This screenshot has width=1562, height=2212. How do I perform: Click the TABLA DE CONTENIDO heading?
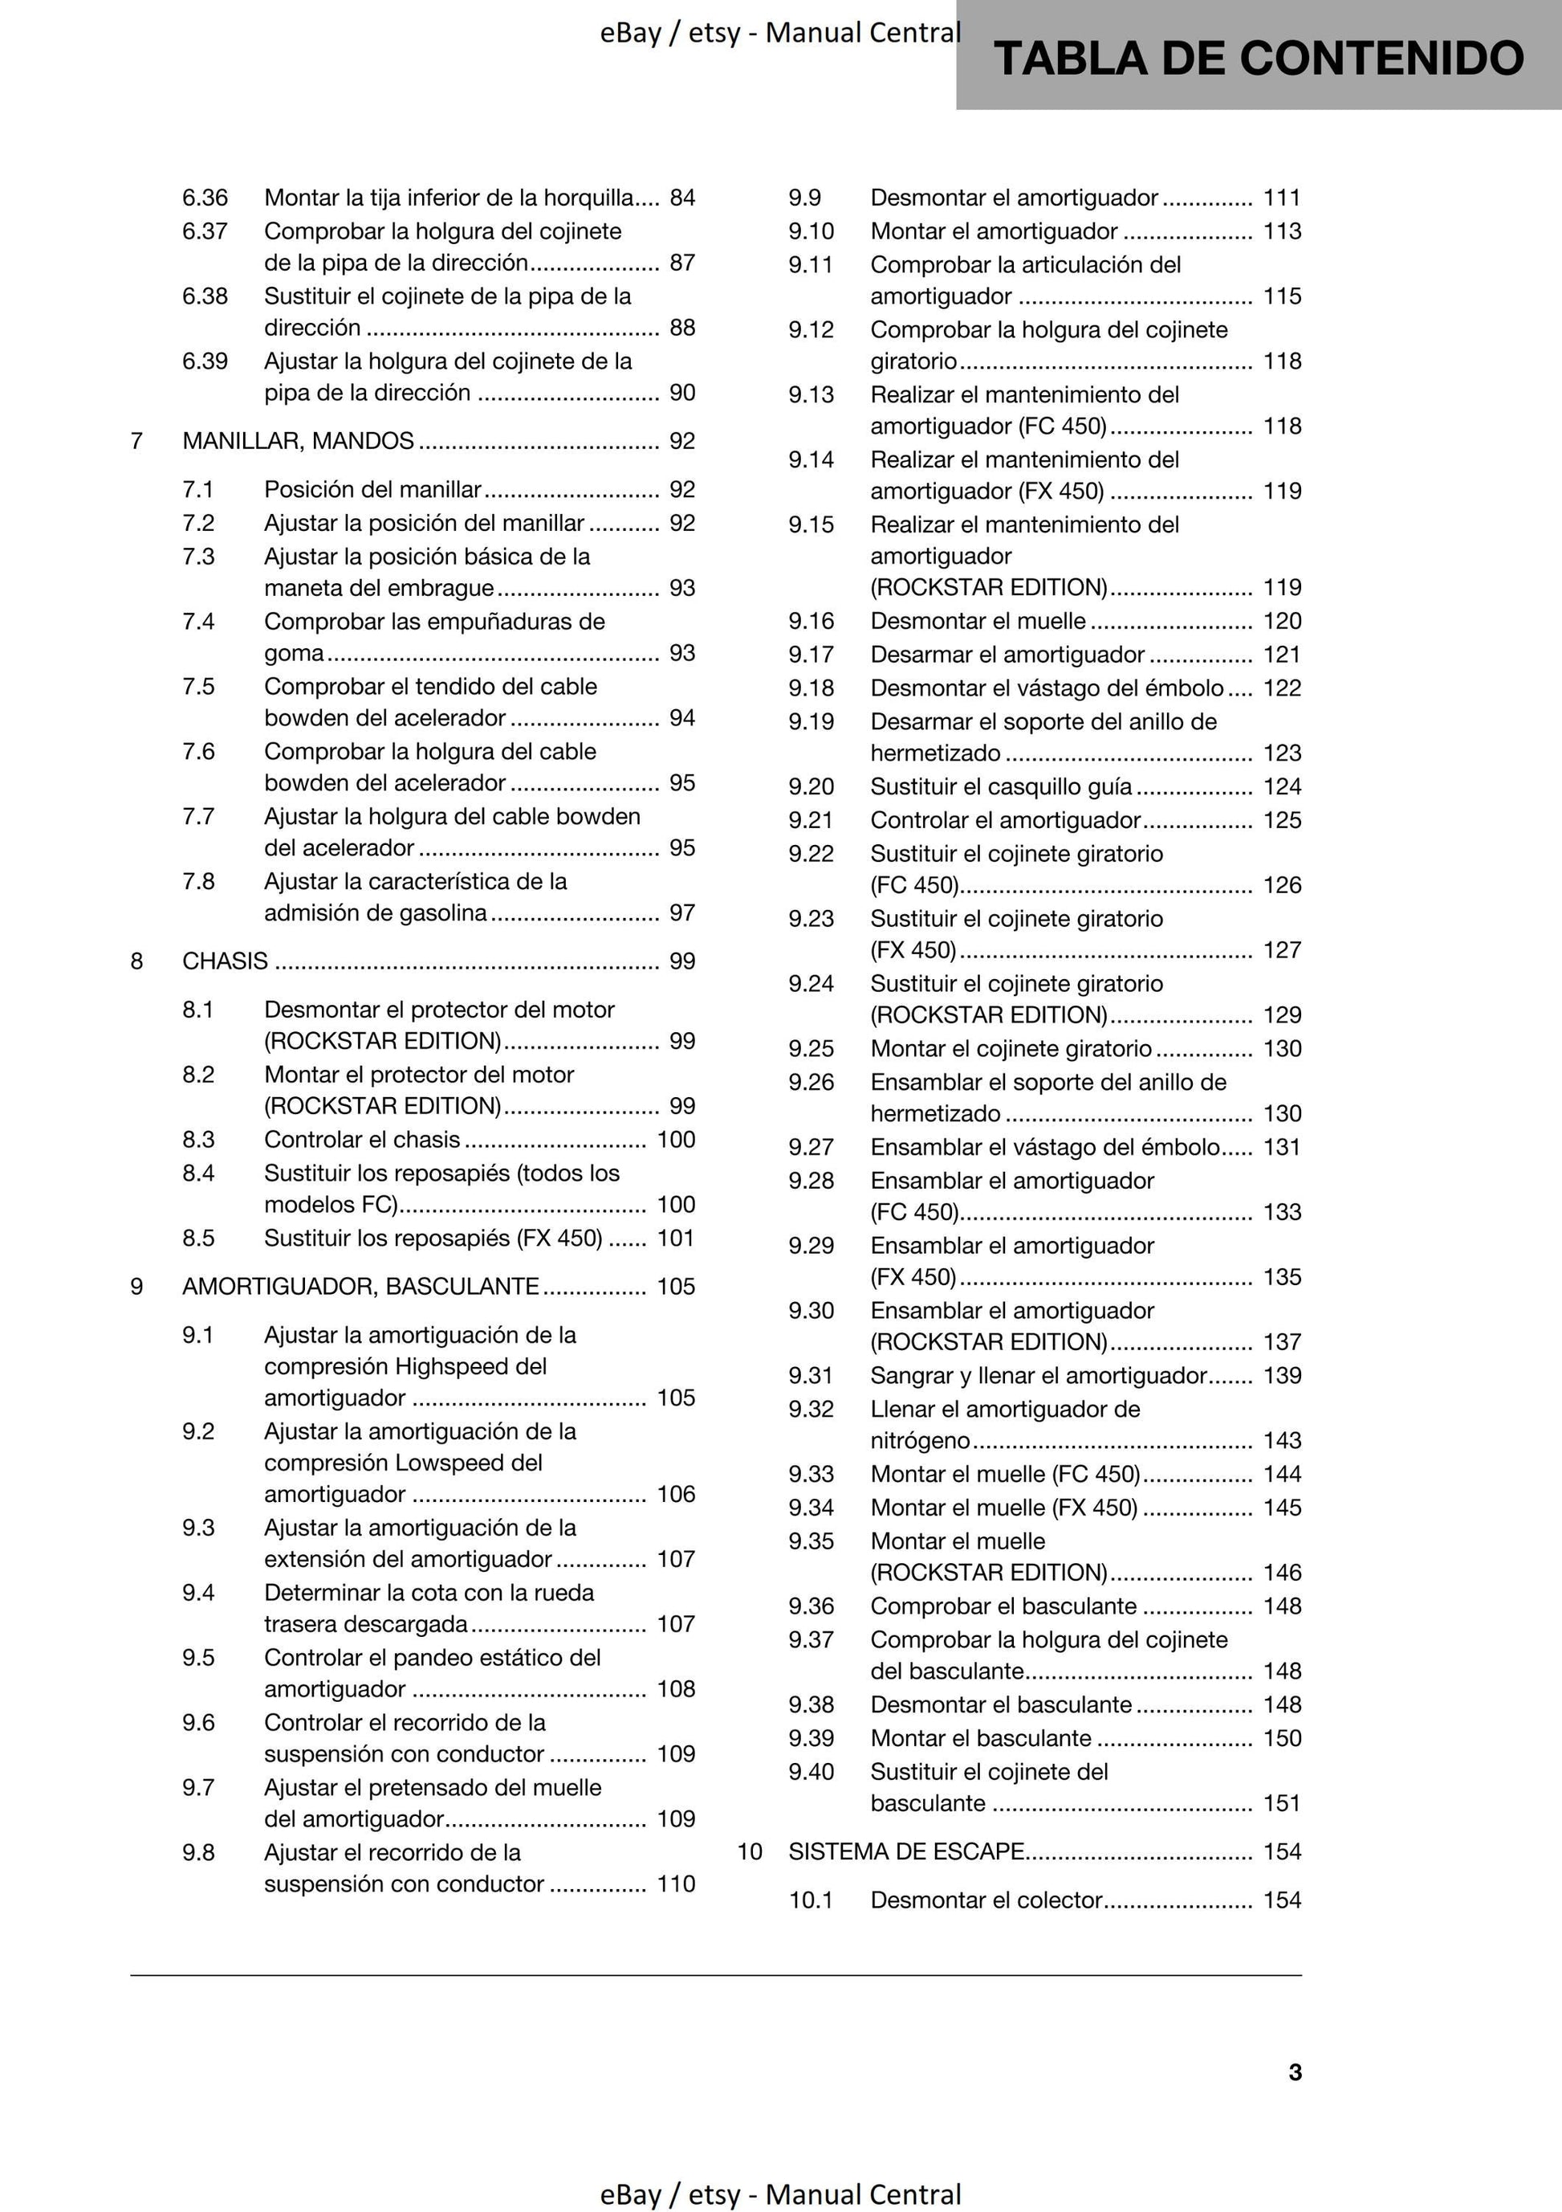coord(1258,58)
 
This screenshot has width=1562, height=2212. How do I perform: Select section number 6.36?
coord(205,198)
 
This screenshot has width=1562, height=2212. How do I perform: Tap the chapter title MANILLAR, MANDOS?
coord(298,440)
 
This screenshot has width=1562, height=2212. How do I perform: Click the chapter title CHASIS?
coord(226,961)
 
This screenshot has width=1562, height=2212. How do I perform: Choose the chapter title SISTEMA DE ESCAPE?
coord(905,1851)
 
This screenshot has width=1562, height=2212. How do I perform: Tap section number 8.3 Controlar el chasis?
coord(198,1139)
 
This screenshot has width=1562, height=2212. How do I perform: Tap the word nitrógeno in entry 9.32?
coord(920,1440)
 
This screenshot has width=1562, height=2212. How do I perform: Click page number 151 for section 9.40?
coord(1282,1802)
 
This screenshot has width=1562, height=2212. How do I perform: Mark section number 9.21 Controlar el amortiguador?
coord(811,820)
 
